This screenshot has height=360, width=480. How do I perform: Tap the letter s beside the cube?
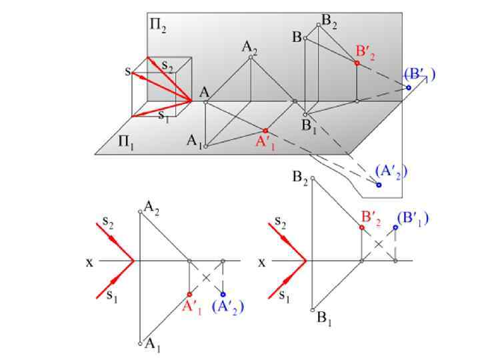[127, 70]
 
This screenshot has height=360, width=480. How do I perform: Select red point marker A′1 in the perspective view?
[265, 131]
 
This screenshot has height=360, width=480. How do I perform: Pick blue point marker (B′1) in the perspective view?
[409, 87]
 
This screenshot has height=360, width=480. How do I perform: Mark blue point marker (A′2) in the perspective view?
[379, 184]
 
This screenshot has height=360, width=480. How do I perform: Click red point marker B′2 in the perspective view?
[357, 63]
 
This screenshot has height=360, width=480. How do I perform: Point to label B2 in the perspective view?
[329, 22]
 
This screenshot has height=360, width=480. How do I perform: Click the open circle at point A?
[206, 102]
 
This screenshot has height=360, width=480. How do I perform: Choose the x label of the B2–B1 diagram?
[261, 262]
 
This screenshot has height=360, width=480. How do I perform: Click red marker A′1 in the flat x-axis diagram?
[189, 294]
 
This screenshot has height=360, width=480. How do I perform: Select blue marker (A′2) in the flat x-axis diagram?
[223, 294]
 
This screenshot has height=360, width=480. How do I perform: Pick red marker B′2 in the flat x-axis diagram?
[361, 227]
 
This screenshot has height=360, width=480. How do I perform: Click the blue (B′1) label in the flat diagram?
[412, 218]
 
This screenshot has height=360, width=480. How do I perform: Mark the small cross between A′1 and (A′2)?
[207, 277]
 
